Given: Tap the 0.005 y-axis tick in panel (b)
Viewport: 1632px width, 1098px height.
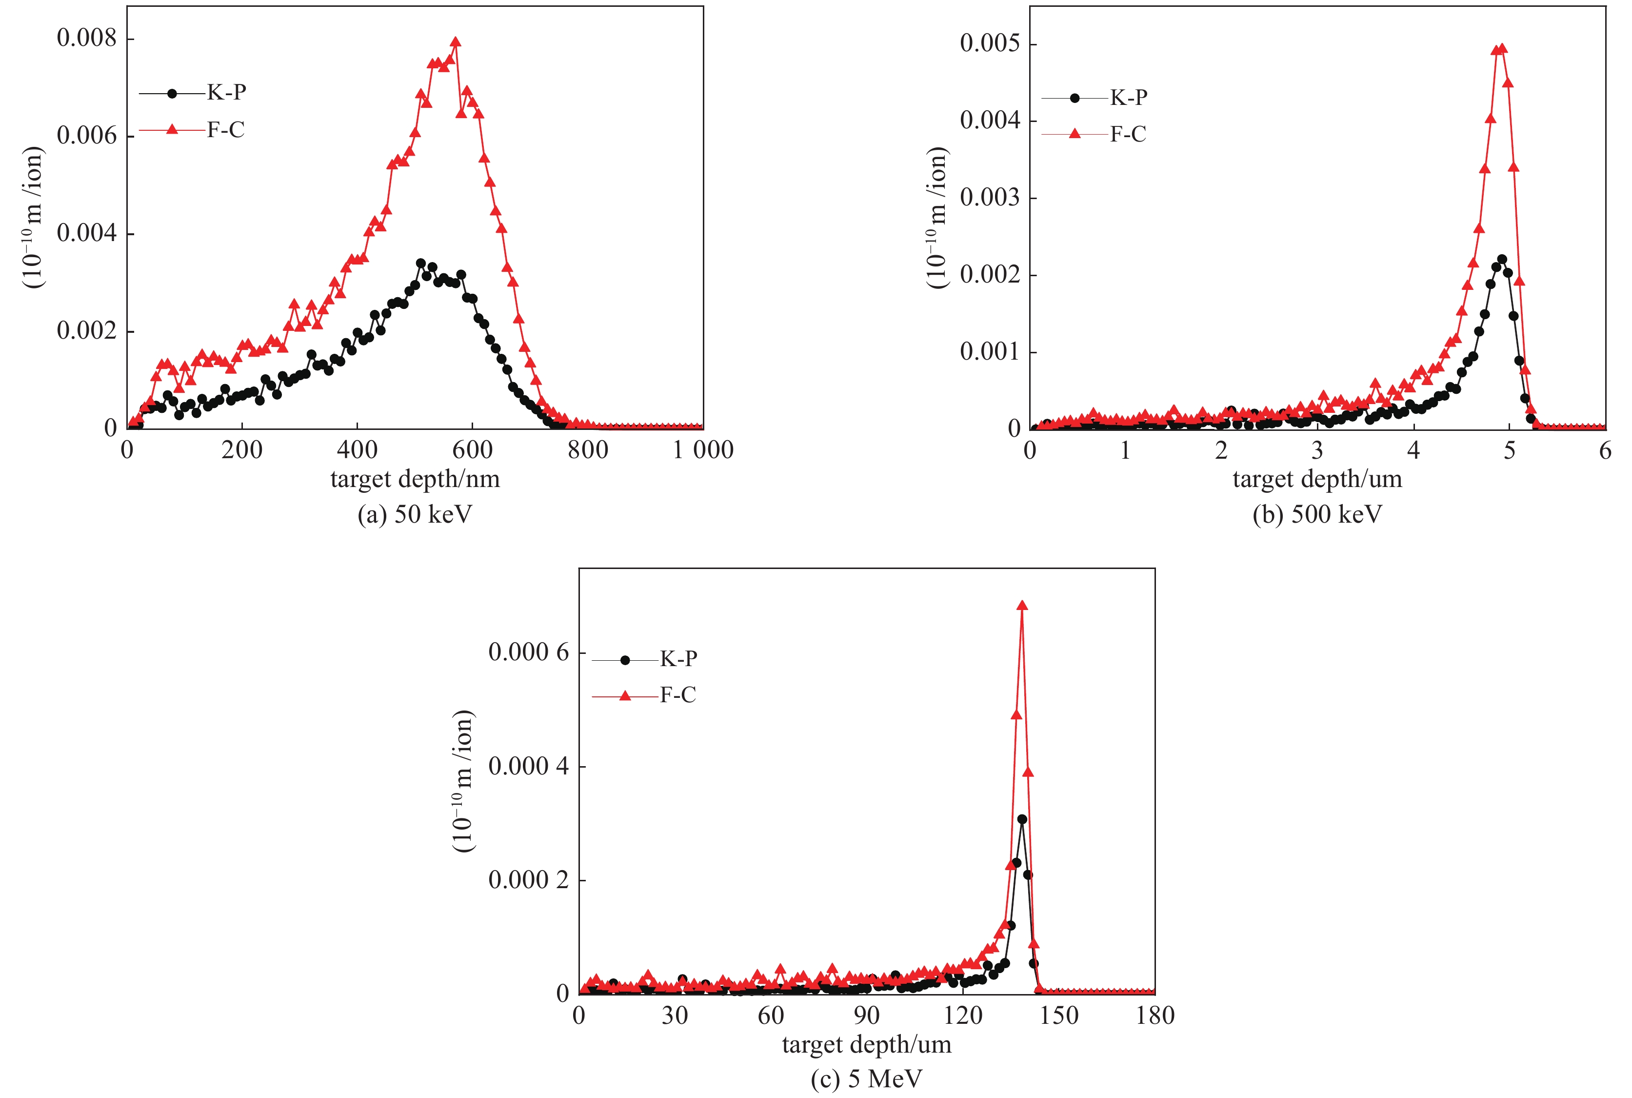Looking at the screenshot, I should (990, 43).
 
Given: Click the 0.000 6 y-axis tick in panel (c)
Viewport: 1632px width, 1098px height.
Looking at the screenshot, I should (528, 652).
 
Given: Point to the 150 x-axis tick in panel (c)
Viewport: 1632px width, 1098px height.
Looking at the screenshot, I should (1059, 1016).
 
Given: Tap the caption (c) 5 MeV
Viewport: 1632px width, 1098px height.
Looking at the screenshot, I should (866, 1079).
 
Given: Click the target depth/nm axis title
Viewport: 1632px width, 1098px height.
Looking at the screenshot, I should (415, 480).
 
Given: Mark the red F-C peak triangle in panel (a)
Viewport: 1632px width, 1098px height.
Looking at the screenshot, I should (456, 42).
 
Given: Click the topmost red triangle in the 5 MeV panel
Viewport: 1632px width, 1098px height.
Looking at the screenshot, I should (1022, 606).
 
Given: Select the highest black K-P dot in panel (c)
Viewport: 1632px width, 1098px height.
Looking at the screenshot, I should (1022, 818).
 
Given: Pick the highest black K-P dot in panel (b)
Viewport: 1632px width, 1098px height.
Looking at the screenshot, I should (1502, 259).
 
